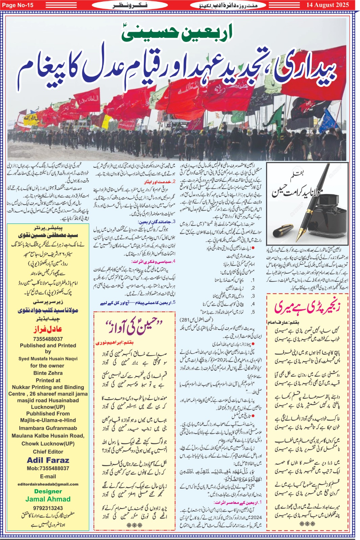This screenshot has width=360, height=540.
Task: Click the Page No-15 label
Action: [18, 5]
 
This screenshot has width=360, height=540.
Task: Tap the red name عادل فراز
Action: [48, 329]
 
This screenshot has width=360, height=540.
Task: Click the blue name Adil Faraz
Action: [48, 460]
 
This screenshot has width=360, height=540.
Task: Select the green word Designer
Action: [48, 491]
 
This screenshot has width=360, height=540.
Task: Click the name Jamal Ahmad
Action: [48, 499]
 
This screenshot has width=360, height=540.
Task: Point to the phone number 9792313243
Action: [48, 508]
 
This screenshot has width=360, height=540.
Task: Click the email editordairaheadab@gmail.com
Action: [48, 484]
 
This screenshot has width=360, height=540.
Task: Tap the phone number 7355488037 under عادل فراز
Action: [48, 339]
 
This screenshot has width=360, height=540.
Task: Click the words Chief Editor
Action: [48, 452]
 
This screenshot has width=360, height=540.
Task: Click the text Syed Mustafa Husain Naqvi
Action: [48, 359]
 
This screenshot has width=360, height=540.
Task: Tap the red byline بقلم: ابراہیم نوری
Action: [114, 343]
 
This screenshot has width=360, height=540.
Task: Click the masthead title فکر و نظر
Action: [130, 5]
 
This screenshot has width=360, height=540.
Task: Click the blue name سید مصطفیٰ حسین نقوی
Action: [48, 235]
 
